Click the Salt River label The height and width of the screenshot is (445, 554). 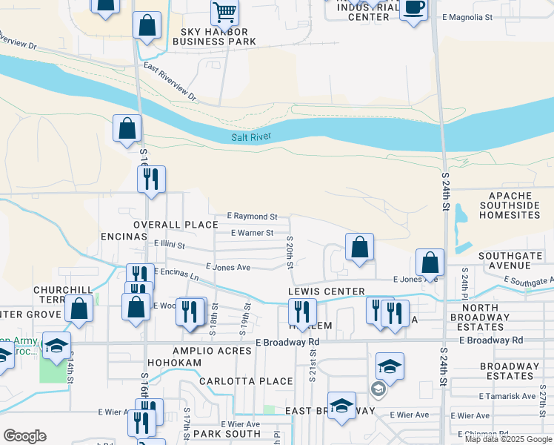coord(251,137)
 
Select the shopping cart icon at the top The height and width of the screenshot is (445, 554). coord(224,12)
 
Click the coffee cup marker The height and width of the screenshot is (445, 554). coord(413,10)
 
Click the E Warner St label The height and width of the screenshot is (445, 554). coord(252,233)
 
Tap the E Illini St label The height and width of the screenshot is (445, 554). coord(169,243)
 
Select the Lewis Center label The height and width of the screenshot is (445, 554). coord(327,291)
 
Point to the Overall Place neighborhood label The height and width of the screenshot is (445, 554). coord(176,224)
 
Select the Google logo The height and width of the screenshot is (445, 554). coord(24,436)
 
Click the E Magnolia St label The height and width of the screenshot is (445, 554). coord(467,16)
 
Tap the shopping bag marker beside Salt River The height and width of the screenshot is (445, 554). coord(127,128)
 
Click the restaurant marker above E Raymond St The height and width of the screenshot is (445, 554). coord(151,179)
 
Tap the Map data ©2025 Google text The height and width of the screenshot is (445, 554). coord(508,439)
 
